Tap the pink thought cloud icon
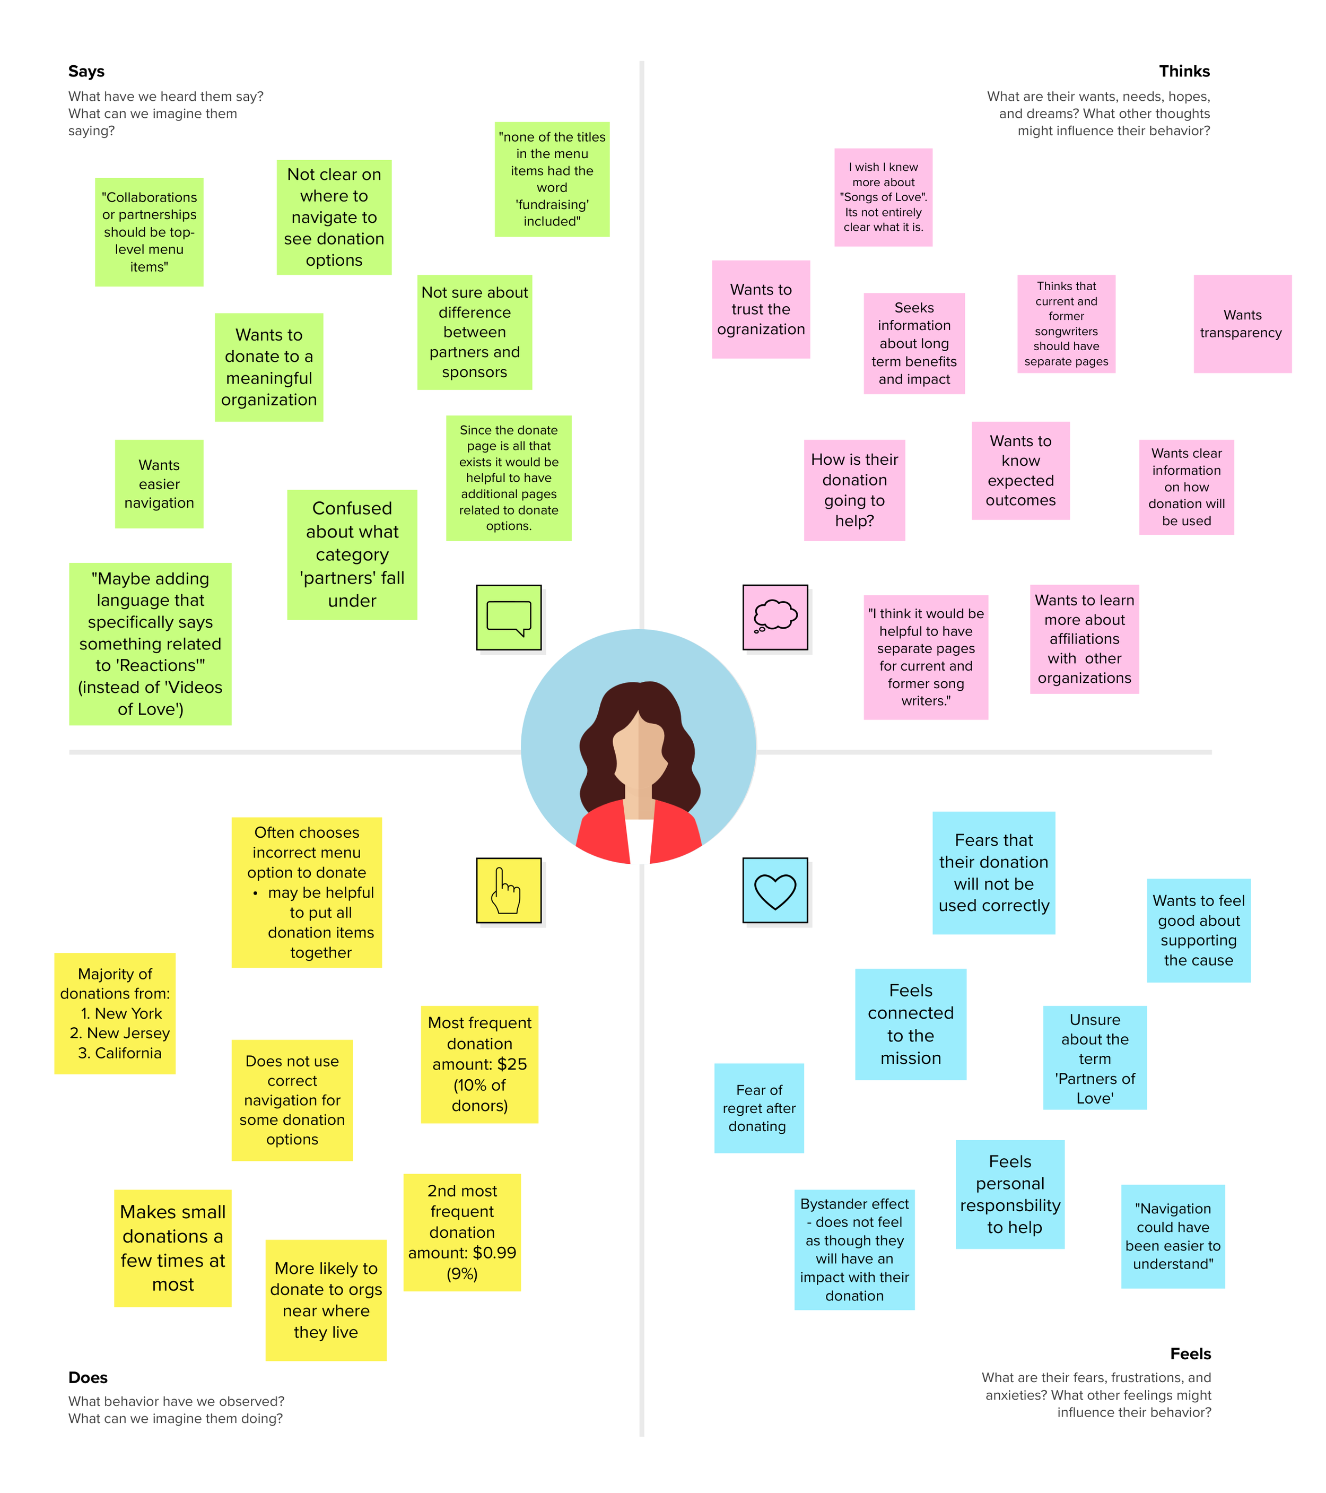coord(775,617)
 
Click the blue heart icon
coord(775,890)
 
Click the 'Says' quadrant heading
coord(86,72)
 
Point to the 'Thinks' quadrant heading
coord(1184,72)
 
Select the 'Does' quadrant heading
coord(88,1377)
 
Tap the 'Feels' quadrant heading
coord(1190,1353)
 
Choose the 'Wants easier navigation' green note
coord(159,483)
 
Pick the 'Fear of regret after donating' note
coord(758,1107)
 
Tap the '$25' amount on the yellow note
coord(511,1064)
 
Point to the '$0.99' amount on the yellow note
coord(494,1253)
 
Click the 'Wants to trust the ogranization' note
coord(761,309)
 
